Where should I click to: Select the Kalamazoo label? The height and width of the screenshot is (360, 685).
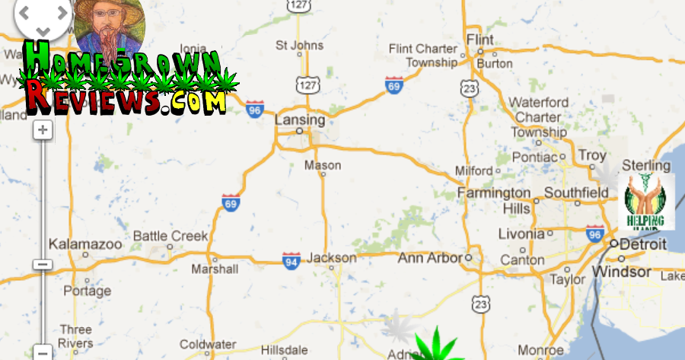pos(84,244)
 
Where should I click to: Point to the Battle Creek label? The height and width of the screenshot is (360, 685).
pos(170,236)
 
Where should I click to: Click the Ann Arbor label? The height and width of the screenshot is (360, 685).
pos(430,258)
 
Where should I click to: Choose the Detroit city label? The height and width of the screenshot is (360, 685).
pos(643,245)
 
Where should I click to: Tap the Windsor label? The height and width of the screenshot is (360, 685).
pos(622,272)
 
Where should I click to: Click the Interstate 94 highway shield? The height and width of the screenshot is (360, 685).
pos(291,260)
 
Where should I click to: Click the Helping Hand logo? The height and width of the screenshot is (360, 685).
pos(645,201)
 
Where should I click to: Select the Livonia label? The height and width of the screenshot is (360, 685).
pos(521,234)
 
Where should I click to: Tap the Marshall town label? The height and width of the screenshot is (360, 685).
pos(215,269)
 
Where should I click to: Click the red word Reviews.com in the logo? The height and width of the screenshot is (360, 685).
pos(126,97)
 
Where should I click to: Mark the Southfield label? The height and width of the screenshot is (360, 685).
pos(576,193)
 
